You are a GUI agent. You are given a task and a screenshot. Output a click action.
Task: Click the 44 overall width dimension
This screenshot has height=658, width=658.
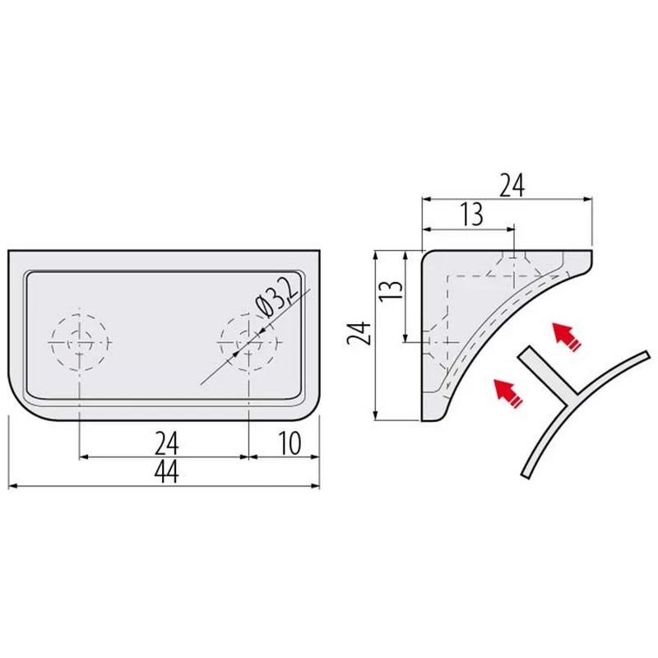pyautogui.click(x=167, y=471)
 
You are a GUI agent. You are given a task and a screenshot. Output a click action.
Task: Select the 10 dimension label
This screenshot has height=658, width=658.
pyautogui.click(x=290, y=443)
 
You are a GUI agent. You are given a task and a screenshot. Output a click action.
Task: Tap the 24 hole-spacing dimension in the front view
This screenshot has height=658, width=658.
pyautogui.click(x=167, y=443)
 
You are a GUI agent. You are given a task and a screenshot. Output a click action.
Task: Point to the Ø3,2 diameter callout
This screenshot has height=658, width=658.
pyautogui.click(x=277, y=298)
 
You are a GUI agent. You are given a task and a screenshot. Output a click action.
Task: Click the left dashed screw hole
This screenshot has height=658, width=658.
pyautogui.click(x=80, y=342)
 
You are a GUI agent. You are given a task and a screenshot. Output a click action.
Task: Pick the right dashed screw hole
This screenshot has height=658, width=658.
pyautogui.click(x=249, y=342)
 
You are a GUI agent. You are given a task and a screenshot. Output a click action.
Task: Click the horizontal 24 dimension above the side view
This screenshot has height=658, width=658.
pyautogui.click(x=512, y=186)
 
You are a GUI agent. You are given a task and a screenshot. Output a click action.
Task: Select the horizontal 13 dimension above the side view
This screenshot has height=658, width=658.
pyautogui.click(x=472, y=214)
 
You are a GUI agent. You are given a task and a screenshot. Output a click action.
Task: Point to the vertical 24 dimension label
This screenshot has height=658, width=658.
pyautogui.click(x=359, y=333)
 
